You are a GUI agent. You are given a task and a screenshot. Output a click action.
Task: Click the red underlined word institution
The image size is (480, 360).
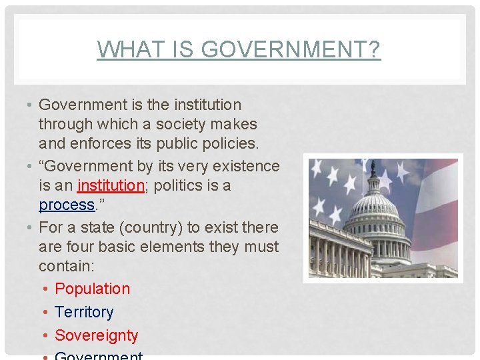[111, 185]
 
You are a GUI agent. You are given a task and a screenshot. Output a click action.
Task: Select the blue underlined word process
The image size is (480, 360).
[66, 205]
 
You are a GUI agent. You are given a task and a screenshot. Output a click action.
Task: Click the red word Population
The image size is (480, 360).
[92, 289]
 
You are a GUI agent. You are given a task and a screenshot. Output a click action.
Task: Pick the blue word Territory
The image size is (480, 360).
[84, 312]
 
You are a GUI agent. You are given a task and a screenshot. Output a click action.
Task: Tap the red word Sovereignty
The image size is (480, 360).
[96, 335]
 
